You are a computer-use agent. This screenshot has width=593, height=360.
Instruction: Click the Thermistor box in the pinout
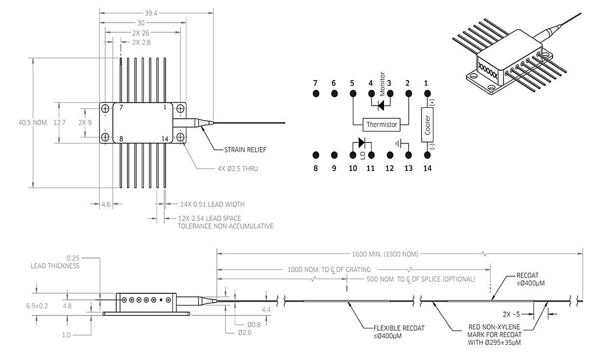tap(381, 125)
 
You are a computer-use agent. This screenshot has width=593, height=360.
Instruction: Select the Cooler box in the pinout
tap(428, 125)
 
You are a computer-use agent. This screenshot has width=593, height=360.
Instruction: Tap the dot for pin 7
tap(316, 93)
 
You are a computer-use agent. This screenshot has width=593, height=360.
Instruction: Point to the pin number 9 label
tap(334, 168)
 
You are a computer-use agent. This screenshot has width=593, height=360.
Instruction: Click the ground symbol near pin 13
tap(399, 144)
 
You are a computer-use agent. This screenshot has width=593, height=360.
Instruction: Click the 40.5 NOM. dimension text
tap(33, 122)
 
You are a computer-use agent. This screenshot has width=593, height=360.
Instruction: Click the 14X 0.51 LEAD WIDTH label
tap(212, 204)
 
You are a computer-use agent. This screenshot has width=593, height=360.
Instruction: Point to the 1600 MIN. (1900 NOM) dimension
tap(385, 254)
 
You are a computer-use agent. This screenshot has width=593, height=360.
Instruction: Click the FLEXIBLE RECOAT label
tap(399, 328)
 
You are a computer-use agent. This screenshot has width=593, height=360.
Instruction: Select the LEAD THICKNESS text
tap(55, 266)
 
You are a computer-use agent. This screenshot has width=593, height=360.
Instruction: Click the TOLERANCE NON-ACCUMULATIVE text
tap(225, 226)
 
